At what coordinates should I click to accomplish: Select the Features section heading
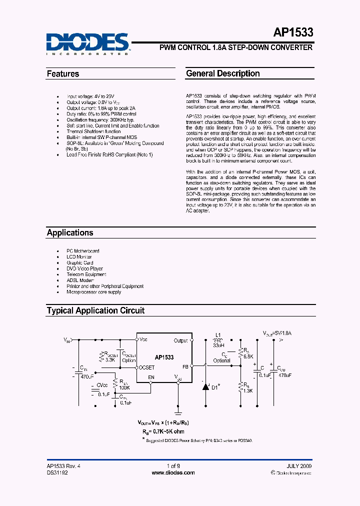click(63, 74)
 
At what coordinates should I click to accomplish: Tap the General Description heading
click(222, 73)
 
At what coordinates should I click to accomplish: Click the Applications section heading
click(70, 232)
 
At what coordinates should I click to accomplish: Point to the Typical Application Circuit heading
click(95, 310)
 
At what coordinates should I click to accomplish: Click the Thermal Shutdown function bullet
click(93, 131)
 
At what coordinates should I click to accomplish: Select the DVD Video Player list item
click(84, 268)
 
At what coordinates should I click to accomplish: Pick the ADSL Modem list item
click(80, 280)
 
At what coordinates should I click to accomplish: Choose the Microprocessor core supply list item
click(93, 292)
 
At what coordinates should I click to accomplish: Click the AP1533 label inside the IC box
click(164, 357)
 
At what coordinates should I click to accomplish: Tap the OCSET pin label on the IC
click(147, 367)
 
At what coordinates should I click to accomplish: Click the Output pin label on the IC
click(180, 341)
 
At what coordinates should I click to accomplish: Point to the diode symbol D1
click(205, 386)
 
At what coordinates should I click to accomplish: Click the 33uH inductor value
click(218, 345)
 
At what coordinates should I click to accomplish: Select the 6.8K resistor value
click(247, 356)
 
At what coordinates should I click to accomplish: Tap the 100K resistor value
click(124, 387)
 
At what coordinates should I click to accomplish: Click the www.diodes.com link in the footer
click(173, 472)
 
